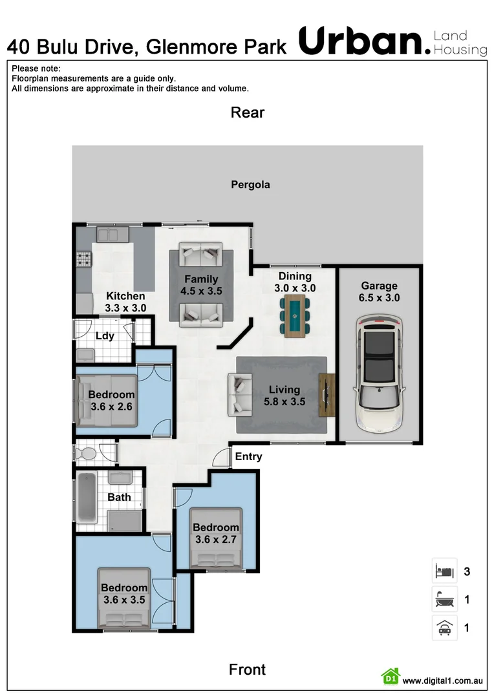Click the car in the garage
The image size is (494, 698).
pos(379,374)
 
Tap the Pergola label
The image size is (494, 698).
pos(250,185)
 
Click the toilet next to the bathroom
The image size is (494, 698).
pos(85,452)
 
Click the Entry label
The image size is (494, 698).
pos(248,457)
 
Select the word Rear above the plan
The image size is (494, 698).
pos(248,112)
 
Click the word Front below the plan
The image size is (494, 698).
pos(247,670)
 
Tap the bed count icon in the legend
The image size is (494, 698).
pos(444,571)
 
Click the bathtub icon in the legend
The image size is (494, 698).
pos(444,600)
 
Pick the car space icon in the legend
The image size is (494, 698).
pos(444,628)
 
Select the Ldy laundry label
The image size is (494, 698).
pos(105,336)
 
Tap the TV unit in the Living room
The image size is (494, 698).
pos(327,395)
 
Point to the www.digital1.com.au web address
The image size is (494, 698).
pos(443,681)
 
